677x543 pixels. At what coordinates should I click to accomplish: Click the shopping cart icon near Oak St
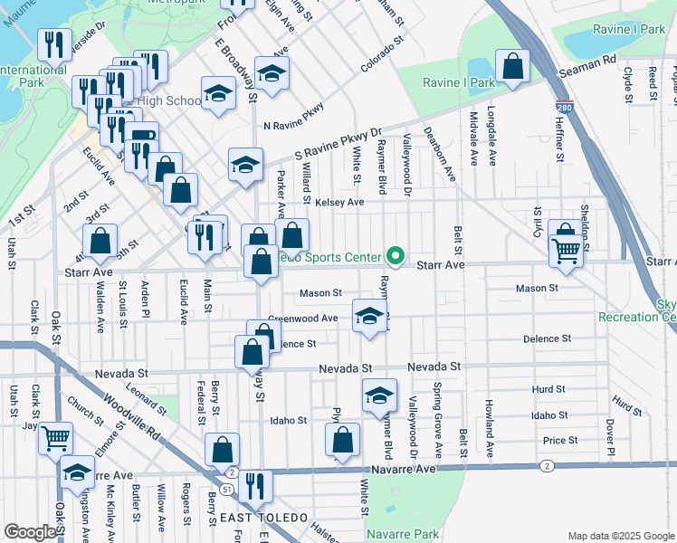(56, 439)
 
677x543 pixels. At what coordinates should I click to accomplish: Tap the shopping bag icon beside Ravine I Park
(513, 67)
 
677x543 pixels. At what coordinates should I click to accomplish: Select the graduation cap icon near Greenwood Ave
(367, 317)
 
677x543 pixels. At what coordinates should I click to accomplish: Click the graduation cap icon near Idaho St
(379, 395)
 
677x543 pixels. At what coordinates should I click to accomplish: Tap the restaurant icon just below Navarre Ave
(255, 486)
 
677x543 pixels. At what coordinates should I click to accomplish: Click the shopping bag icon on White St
(343, 442)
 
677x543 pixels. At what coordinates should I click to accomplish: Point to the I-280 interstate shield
(565, 106)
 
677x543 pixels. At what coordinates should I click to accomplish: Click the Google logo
(30, 532)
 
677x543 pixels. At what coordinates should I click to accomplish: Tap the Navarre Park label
(405, 534)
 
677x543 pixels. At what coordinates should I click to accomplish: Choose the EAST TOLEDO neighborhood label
(262, 516)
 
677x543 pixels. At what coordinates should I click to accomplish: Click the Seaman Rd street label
(588, 59)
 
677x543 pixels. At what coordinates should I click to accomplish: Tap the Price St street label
(560, 441)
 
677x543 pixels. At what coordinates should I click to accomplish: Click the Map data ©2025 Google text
(620, 536)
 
